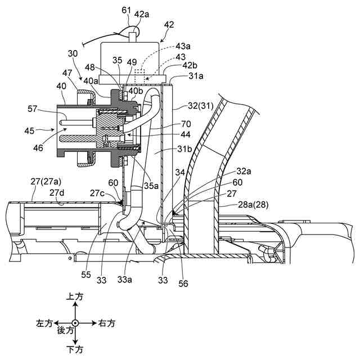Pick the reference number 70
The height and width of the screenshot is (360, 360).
pyautogui.click(x=186, y=124)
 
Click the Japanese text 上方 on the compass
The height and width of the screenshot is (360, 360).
pyautogui.click(x=75, y=296)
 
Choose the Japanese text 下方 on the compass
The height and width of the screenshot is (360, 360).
pyautogui.click(x=75, y=350)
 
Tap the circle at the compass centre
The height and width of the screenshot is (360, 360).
pyautogui.click(x=75, y=323)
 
